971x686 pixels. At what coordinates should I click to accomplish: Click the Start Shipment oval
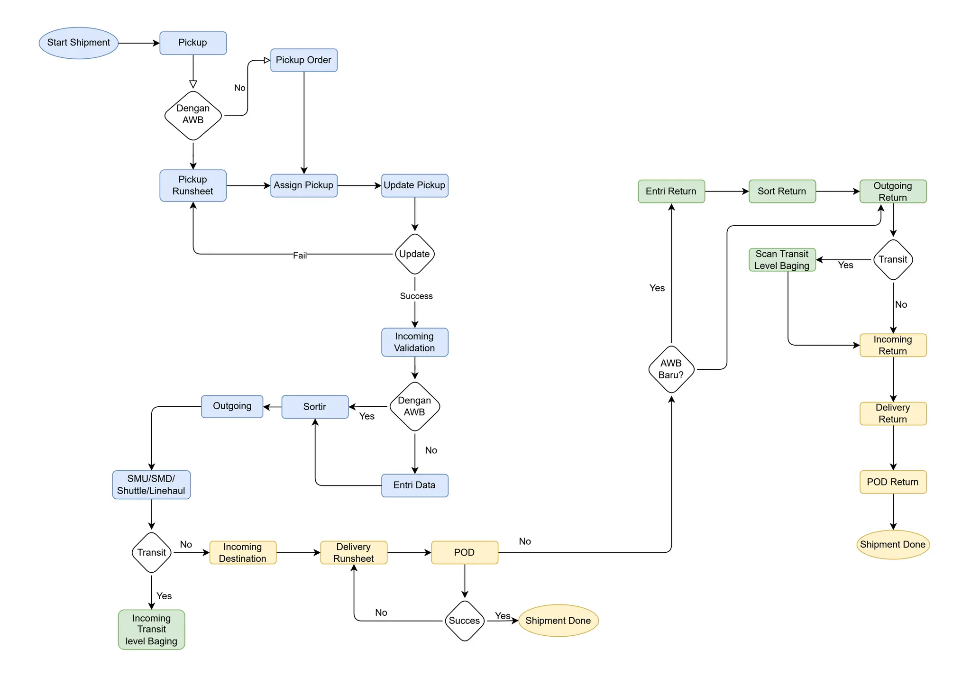78,43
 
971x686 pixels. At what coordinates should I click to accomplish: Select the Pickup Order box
303,60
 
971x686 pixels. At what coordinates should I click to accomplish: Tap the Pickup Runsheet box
192,185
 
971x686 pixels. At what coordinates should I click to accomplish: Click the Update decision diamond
414,254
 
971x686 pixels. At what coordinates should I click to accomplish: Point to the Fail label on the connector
300,256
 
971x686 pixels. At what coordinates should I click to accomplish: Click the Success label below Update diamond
416,296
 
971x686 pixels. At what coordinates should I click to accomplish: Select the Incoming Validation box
414,342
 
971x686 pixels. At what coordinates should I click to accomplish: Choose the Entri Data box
414,485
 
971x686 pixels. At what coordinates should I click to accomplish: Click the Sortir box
315,407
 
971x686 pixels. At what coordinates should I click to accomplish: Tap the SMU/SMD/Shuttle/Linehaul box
151,485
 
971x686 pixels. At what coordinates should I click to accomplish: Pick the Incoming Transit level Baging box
151,629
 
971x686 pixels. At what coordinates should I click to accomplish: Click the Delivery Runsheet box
354,552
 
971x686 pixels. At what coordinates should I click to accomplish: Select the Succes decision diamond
464,621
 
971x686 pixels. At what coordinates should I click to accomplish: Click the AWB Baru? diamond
671,369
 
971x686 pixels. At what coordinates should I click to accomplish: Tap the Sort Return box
782,191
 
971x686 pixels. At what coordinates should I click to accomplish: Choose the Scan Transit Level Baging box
782,260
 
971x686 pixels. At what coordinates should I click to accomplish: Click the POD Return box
893,482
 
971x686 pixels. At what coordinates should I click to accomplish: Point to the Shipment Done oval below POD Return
893,544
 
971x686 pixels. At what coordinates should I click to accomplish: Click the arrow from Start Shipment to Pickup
138,43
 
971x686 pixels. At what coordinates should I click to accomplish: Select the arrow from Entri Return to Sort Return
726,191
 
